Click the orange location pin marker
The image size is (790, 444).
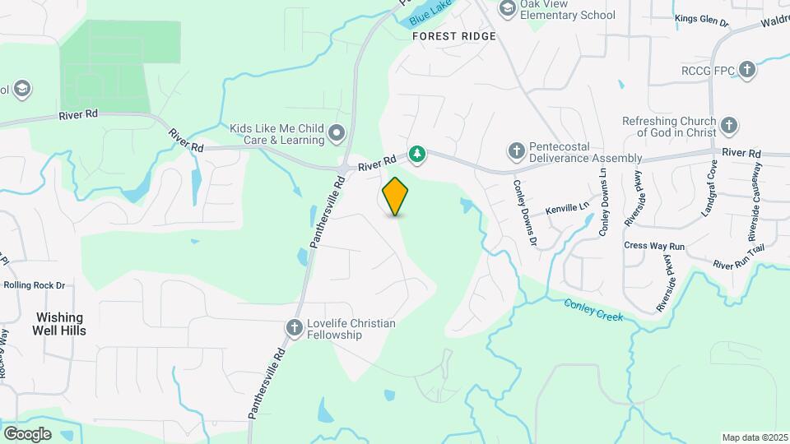coord(396,196)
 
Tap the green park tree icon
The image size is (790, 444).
coord(418,154)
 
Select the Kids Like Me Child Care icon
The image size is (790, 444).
coord(336,132)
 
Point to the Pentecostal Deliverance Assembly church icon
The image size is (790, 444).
coord(516,151)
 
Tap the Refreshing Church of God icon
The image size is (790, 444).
coord(728,127)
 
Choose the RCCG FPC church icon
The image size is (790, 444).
coord(747,70)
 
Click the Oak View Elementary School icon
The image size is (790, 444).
coord(507,8)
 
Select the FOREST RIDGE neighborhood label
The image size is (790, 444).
coord(455,36)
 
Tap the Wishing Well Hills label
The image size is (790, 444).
coord(59,323)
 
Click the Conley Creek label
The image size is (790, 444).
coord(593,310)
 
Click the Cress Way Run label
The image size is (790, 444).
coord(654,246)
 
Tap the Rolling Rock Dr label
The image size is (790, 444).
coord(35,285)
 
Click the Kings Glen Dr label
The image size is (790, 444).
coord(701,19)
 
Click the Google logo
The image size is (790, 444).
coord(27,433)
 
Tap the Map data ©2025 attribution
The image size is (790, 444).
coord(754,437)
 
